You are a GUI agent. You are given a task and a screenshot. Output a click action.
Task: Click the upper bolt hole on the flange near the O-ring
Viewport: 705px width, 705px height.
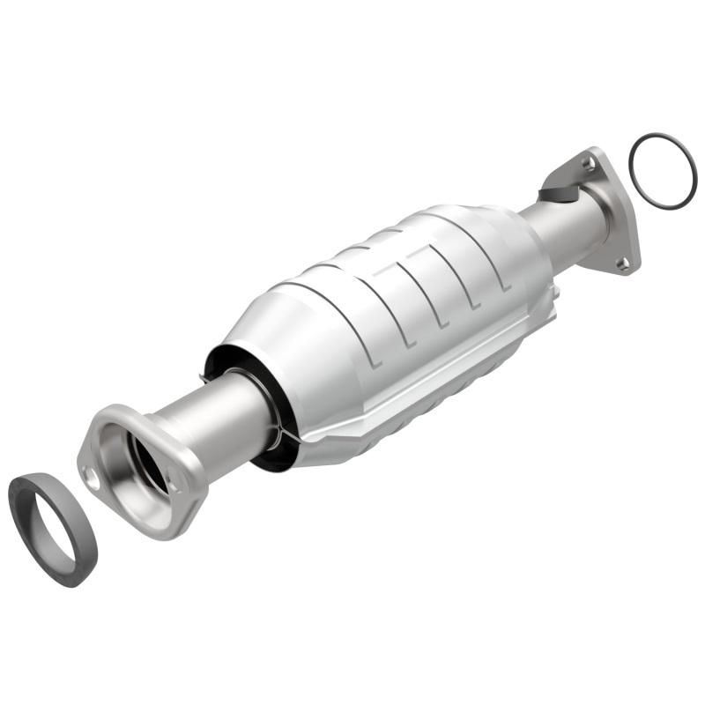point(588,163)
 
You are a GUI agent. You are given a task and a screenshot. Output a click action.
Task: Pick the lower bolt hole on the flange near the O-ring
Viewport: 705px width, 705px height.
point(623,263)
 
